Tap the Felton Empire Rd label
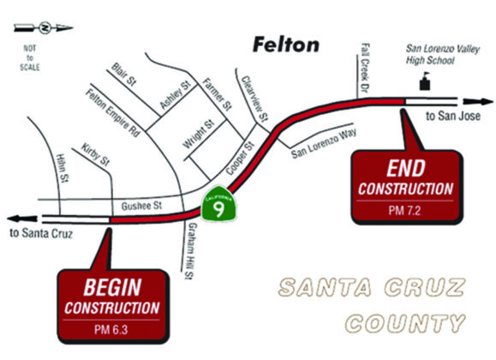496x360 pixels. pos(112,113)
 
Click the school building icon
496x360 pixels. pos(422,82)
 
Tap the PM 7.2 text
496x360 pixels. pos(405,210)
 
